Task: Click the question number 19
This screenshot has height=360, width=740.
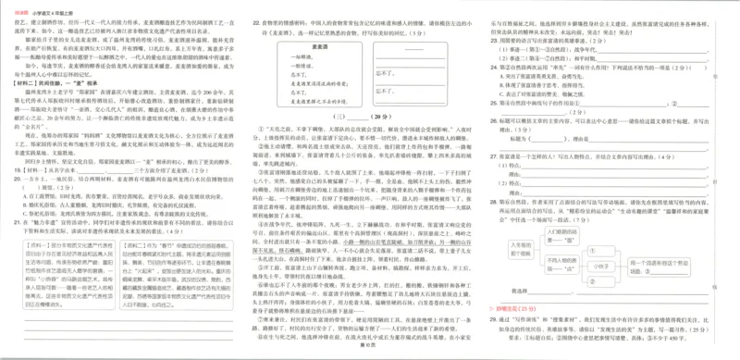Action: [x=13, y=170]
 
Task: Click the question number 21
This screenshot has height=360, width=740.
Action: [x=13, y=224]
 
